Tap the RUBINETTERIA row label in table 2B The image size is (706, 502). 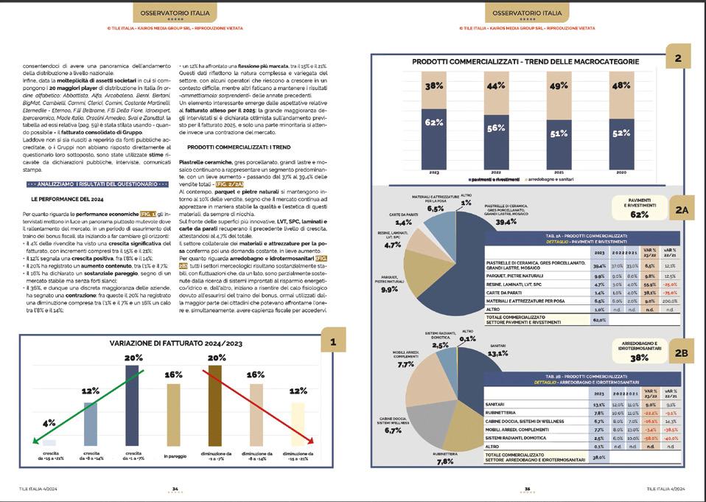505,413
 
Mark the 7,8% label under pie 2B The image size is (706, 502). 444,461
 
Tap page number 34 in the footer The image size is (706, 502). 175,488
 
